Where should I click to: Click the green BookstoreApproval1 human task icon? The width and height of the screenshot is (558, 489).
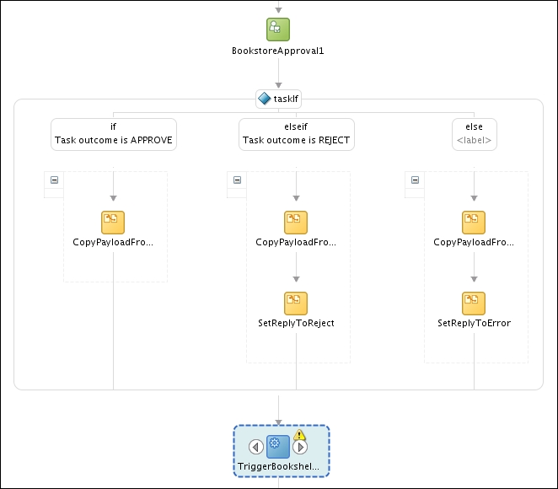[x=278, y=29]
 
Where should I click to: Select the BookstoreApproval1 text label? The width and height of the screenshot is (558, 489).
[x=278, y=51]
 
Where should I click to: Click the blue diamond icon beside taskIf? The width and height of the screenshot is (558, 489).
[x=264, y=99]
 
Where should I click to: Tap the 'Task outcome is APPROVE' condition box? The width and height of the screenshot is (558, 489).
[x=114, y=134]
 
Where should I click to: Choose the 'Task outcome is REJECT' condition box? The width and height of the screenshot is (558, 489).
[x=296, y=134]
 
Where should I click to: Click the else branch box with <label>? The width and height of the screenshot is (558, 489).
[x=474, y=134]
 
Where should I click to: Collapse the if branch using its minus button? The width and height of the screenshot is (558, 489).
[x=54, y=180]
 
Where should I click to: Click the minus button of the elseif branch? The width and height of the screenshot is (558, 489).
[x=237, y=180]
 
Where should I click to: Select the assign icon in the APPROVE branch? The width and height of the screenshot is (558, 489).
[x=113, y=222]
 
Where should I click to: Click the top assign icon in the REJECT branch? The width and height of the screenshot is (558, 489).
[x=296, y=222]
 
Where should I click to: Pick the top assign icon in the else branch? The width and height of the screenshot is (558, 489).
[x=474, y=222]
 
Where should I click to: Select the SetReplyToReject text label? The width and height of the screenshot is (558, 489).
[x=296, y=323]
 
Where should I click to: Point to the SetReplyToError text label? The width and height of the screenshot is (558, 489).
[x=474, y=323]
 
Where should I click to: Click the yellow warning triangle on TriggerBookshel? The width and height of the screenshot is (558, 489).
[x=299, y=435]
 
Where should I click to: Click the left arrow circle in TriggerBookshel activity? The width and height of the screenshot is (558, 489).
[x=257, y=447]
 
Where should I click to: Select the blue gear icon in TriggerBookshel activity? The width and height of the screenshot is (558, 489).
[x=278, y=447]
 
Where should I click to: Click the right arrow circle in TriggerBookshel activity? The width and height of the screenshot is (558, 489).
[x=300, y=448]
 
